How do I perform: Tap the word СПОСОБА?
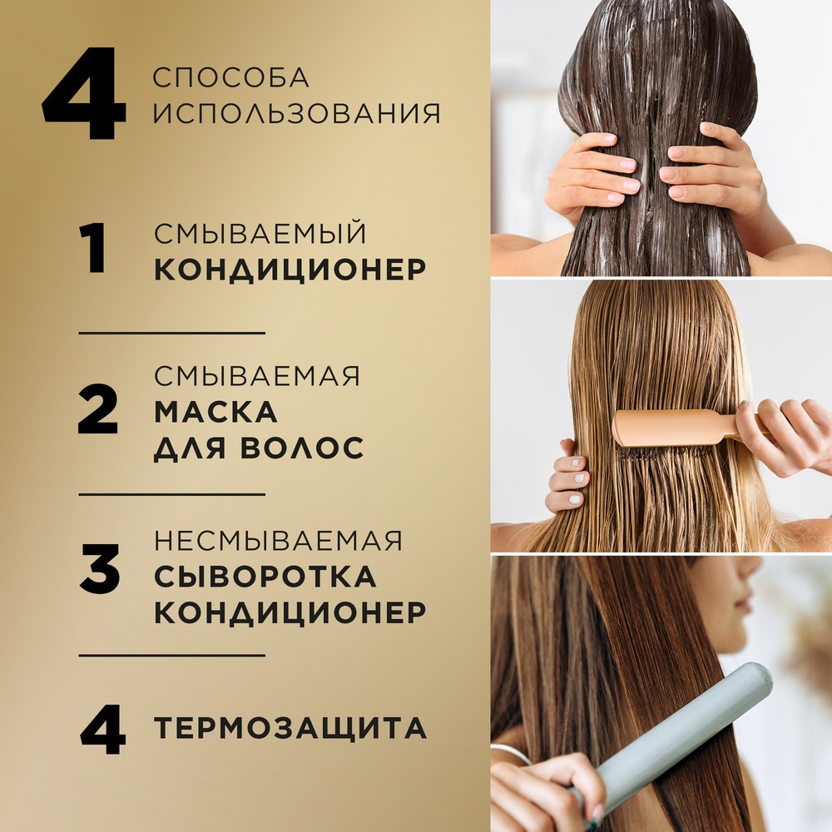(x=231, y=77)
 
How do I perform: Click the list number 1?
(x=94, y=250)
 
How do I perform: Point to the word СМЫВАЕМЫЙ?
(x=260, y=232)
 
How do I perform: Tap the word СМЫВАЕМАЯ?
(x=257, y=375)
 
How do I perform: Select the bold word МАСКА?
(x=215, y=412)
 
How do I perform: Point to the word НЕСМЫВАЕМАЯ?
(x=278, y=540)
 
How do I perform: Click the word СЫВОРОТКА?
(x=265, y=577)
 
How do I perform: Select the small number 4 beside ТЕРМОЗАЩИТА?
(x=100, y=729)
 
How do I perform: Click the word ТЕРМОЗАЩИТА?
(x=290, y=729)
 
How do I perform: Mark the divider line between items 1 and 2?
(x=171, y=333)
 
